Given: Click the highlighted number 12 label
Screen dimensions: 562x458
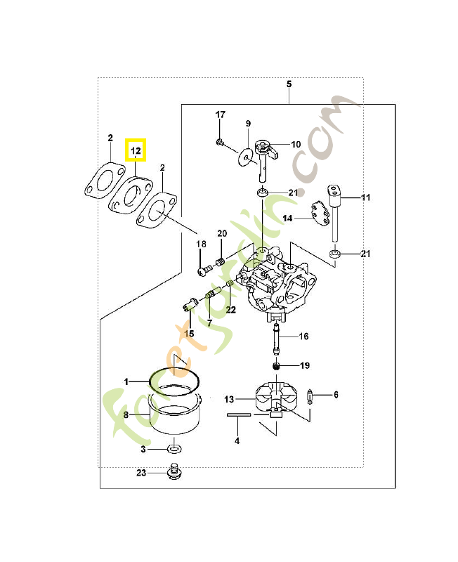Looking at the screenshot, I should [135, 150].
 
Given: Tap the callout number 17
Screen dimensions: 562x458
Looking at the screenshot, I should [220, 115].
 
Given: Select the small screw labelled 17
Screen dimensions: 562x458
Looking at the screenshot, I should [221, 143].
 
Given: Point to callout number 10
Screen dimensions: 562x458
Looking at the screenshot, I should [296, 144].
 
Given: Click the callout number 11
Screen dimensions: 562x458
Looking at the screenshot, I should [365, 198].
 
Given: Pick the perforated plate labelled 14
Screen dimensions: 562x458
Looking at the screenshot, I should [320, 213].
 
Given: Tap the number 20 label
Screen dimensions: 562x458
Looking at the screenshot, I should [222, 233].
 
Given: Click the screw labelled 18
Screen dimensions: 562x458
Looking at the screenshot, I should [204, 270].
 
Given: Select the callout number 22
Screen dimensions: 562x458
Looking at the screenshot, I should [230, 310].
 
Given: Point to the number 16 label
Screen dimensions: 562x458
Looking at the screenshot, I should [303, 336].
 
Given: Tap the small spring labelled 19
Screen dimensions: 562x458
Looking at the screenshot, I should [277, 366].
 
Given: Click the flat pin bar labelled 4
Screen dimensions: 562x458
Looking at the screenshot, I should [239, 415].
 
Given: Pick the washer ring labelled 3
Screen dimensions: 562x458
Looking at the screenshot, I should [174, 448].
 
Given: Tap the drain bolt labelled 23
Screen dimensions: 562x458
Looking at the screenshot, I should [172, 473].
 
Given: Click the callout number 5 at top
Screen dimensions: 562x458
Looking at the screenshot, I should [289, 84].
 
